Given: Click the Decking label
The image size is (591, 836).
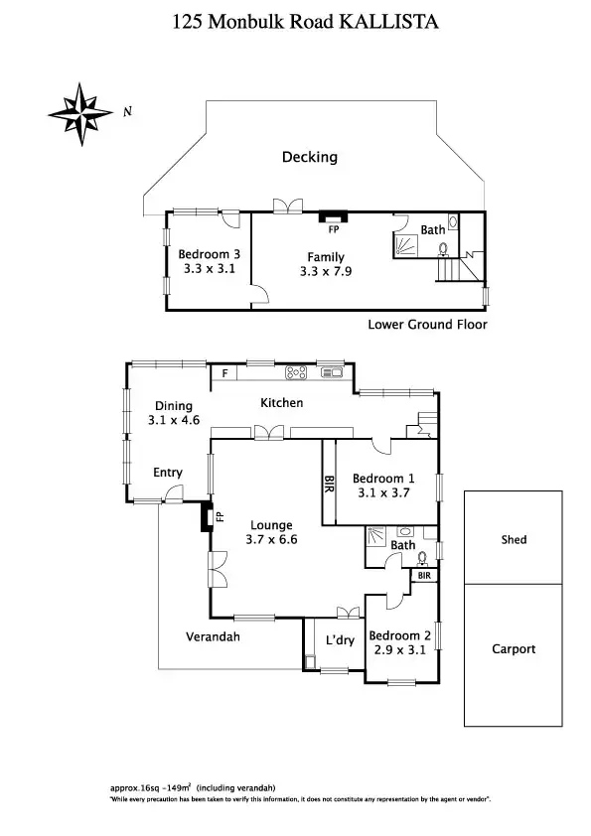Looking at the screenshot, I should click(x=309, y=157).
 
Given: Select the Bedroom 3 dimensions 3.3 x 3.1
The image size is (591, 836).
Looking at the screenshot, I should click(x=209, y=268).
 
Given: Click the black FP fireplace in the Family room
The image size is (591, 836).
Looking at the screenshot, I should click(x=333, y=213).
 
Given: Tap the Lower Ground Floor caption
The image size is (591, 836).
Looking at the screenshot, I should click(x=427, y=325).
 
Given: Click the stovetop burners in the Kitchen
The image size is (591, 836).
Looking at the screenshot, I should click(x=296, y=373).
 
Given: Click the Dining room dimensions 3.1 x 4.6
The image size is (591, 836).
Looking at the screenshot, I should click(x=173, y=420).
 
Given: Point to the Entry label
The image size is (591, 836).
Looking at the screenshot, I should click(x=167, y=473).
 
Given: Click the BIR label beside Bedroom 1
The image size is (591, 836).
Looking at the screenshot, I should click(x=329, y=484).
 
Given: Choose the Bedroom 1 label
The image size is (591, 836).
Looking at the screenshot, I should click(x=385, y=478).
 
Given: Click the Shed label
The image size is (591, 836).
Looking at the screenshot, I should click(x=514, y=540).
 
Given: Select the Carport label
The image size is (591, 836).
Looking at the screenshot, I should click(x=514, y=649).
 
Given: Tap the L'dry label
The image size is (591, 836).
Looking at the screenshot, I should click(x=340, y=640).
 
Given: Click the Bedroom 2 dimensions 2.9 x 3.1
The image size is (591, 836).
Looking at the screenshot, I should click(x=399, y=650).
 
